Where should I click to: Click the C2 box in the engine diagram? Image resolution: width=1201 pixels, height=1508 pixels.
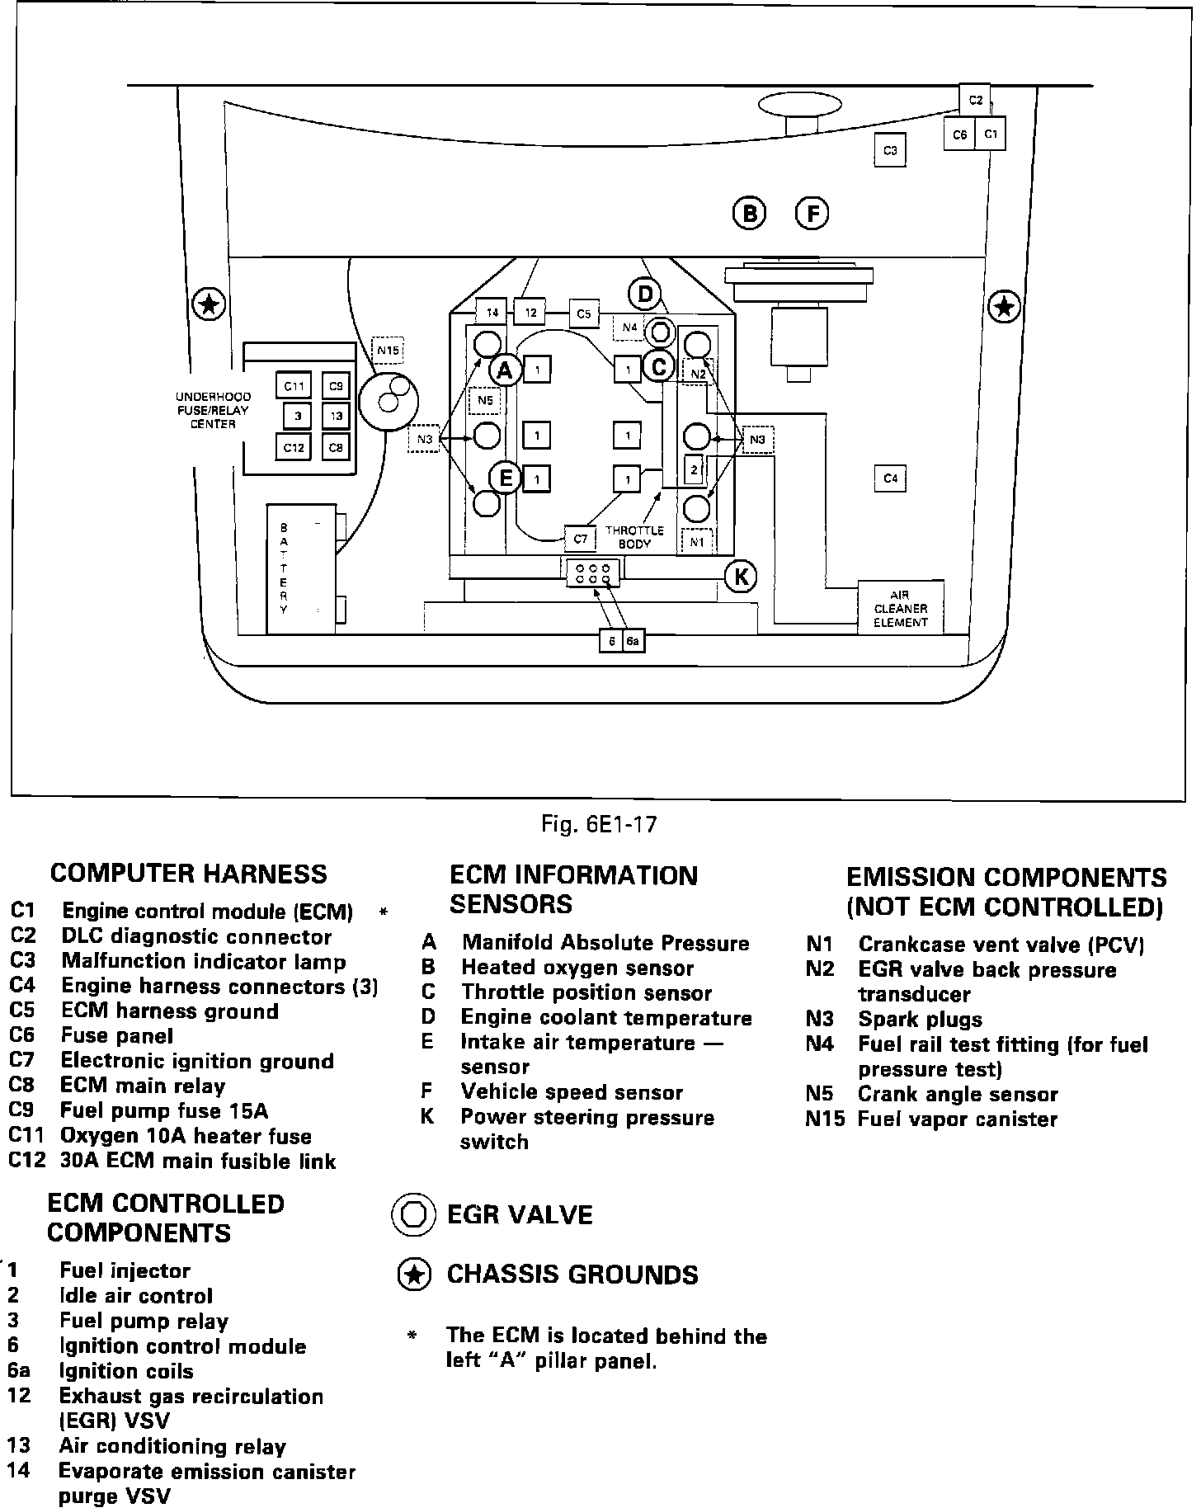coord(975,100)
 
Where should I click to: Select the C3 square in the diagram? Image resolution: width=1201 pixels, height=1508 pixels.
coord(890,150)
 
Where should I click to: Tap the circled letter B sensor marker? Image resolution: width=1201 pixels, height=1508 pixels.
coord(749,214)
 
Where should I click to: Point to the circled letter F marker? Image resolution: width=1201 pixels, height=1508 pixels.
coord(812,214)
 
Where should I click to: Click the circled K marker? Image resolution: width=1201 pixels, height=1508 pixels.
coord(740,577)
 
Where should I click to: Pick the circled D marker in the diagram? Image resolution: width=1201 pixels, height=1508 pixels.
coord(644,293)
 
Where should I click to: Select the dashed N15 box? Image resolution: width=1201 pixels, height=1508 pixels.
coord(387,351)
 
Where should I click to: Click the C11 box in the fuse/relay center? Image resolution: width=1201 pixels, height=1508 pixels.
coord(294,385)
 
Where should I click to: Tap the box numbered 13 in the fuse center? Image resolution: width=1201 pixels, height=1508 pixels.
coord(336,416)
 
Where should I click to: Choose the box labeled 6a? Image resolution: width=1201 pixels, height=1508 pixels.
coord(633,640)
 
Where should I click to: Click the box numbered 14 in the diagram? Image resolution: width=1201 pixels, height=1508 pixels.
coord(492,313)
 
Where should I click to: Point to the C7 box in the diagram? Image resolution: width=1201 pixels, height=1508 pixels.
coord(580,539)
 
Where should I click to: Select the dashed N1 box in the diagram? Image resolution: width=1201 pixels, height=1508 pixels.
coord(697,542)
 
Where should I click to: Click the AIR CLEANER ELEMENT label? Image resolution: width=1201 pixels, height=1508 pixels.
coord(901,609)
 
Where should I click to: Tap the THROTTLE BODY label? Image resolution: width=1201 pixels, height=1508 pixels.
coord(633,537)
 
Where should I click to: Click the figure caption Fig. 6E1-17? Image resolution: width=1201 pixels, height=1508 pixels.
coord(599,823)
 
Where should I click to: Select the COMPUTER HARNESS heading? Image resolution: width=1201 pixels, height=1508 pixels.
coord(188,874)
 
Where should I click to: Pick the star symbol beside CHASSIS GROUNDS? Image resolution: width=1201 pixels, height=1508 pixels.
coord(414,1275)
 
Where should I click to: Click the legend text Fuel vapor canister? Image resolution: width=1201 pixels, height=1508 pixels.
coord(957,1119)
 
